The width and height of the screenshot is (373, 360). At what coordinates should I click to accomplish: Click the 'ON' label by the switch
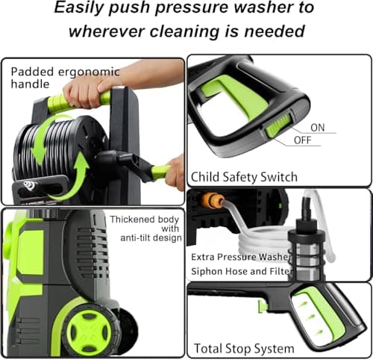(x=317, y=128)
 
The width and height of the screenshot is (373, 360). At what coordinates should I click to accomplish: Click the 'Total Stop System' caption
(x=244, y=348)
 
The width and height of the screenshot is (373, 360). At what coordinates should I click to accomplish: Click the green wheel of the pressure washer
(x=89, y=329)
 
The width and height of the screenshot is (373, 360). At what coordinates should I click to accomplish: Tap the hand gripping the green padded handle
(x=84, y=92)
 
